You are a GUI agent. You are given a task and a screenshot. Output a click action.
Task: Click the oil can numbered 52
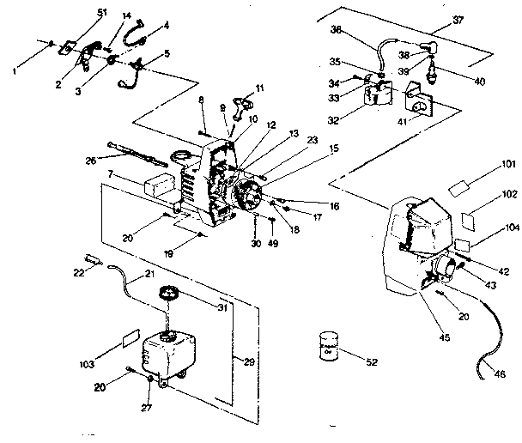click(x=328, y=347)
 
